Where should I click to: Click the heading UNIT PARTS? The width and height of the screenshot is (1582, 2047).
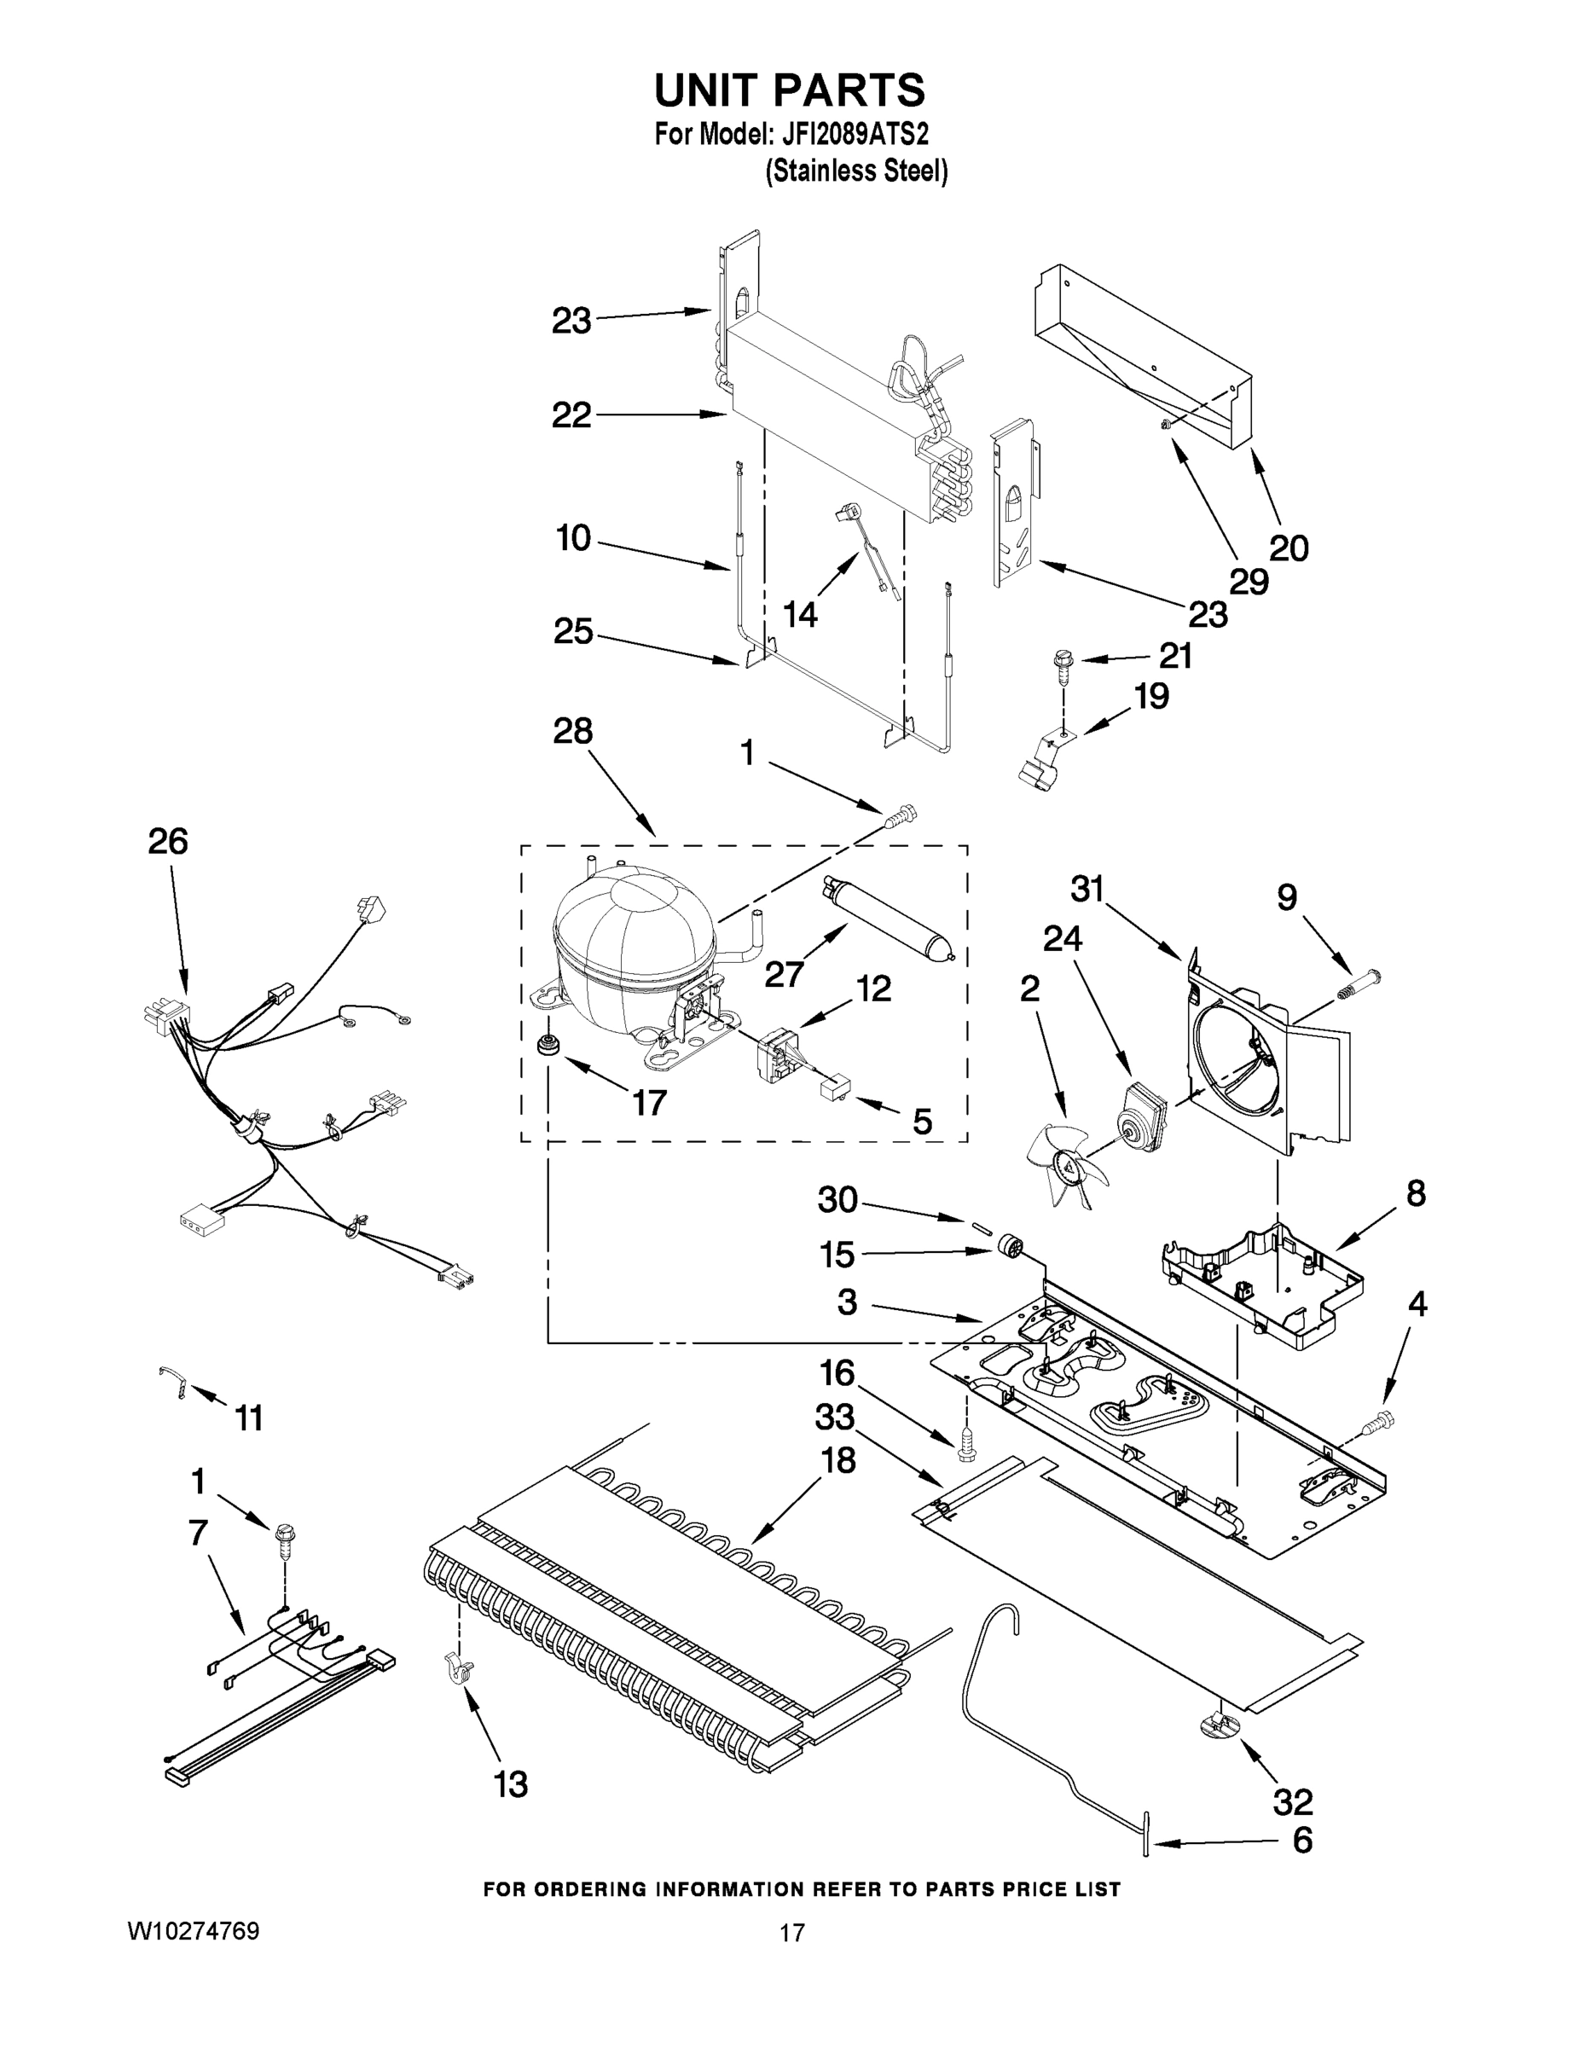pyautogui.click(x=789, y=91)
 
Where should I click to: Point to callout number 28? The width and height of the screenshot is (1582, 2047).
pyautogui.click(x=571, y=731)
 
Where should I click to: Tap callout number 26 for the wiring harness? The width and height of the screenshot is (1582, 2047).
pyautogui.click(x=168, y=841)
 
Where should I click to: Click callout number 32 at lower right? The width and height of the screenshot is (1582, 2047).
pyautogui.click(x=1292, y=1801)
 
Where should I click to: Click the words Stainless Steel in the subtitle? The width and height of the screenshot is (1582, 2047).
pyautogui.click(x=856, y=171)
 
